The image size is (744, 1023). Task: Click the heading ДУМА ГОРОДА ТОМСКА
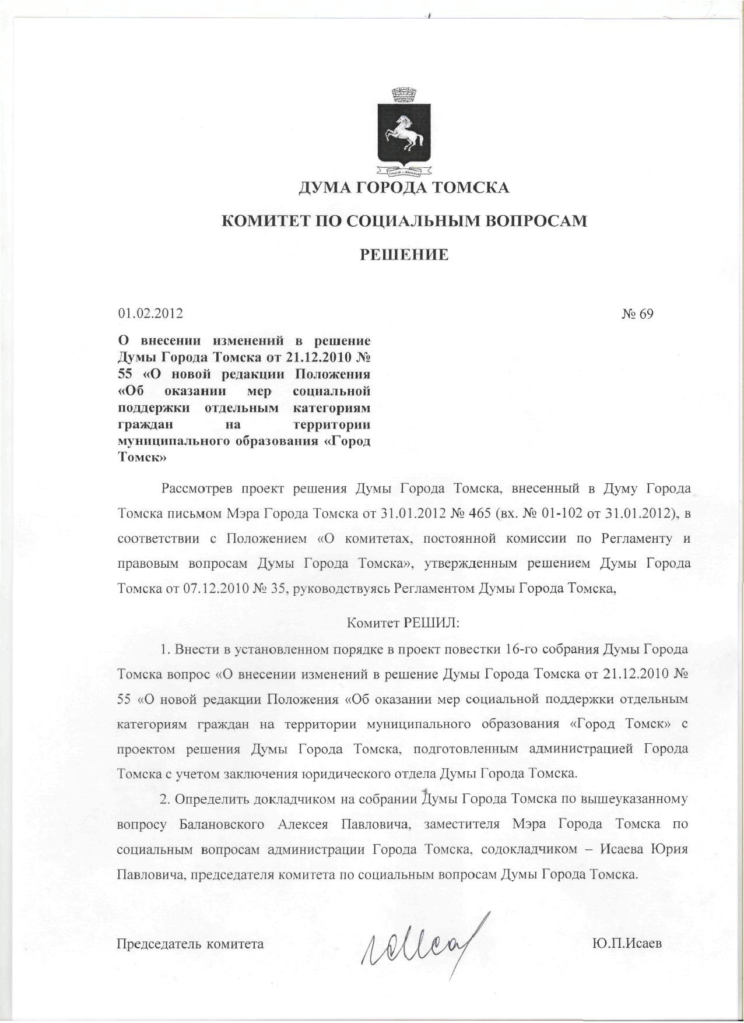(404, 188)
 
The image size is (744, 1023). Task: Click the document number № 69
(637, 314)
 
